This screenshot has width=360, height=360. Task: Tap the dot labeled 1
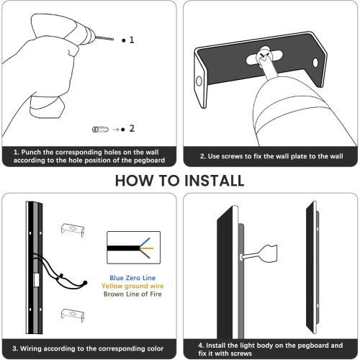point(123,41)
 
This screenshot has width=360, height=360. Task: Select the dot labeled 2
point(123,129)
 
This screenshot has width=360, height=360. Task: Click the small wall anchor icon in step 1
point(98,129)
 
